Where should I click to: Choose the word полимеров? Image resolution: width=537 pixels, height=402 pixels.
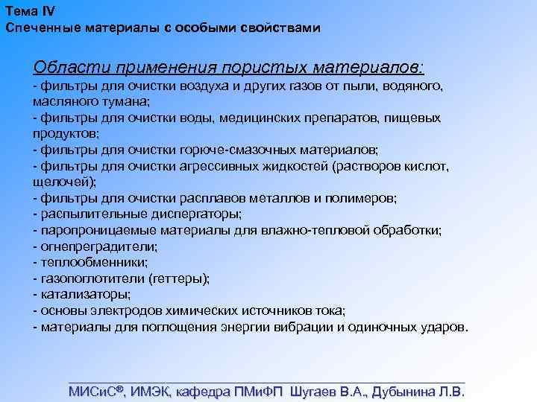[366, 197]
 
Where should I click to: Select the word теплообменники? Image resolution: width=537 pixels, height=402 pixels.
[81, 262]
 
